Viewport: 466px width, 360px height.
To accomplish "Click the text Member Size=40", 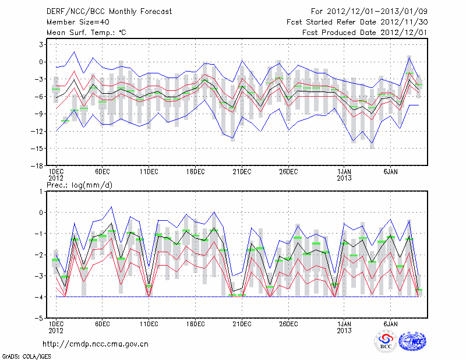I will pos(74,22).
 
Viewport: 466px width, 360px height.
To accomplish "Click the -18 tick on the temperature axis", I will pos(36,166).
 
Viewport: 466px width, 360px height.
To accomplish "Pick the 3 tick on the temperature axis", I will pos(41,44).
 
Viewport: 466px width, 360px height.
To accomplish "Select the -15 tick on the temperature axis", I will pos(36,149).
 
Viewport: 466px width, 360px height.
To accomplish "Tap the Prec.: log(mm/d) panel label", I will pos(80,185).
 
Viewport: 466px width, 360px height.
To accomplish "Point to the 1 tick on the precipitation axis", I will pos(41,191).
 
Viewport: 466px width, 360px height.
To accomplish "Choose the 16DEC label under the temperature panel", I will pos(195,172).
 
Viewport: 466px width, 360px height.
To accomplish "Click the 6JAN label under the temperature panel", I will pos(390,172).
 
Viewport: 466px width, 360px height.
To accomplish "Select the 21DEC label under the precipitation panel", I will pos(242,324).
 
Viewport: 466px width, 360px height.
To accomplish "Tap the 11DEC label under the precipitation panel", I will pos(149,324).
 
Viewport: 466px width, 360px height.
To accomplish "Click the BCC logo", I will pos(385,343).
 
